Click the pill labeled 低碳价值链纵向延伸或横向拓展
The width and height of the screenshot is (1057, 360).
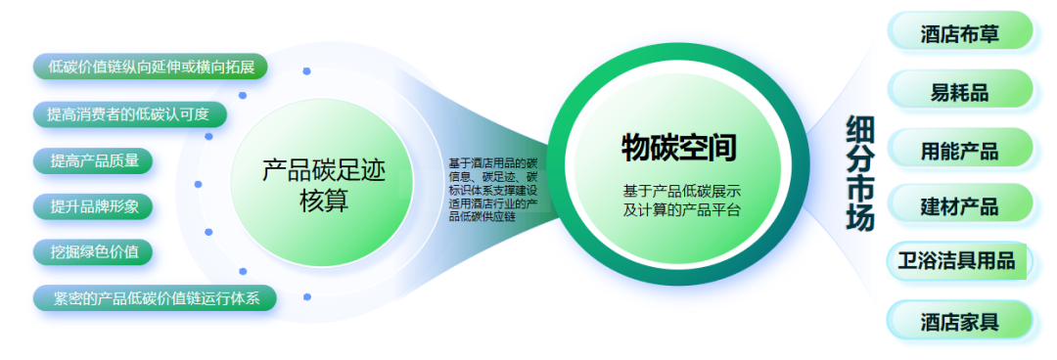click(x=151, y=67)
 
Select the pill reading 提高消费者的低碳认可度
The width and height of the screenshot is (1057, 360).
click(x=129, y=113)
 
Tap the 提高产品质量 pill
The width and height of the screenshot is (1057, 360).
click(x=93, y=160)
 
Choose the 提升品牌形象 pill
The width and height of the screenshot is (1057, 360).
click(x=93, y=206)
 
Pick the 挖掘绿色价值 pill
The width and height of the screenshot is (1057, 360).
click(x=93, y=252)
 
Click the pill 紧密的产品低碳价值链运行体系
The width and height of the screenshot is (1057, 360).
click(x=155, y=298)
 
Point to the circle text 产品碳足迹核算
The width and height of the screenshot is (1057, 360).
click(x=324, y=186)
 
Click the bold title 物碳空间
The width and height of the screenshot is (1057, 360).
click(x=679, y=147)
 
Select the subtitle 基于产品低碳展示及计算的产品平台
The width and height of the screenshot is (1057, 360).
click(x=681, y=201)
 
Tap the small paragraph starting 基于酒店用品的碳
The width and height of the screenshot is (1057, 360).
click(x=492, y=190)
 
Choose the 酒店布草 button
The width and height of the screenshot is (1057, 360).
click(x=960, y=31)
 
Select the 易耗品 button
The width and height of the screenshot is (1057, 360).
click(x=960, y=90)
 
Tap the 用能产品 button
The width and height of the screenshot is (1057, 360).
click(x=960, y=148)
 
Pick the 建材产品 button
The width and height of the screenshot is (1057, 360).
click(x=960, y=203)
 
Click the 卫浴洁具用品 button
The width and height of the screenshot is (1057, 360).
click(x=958, y=261)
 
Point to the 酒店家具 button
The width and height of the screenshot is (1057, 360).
click(x=960, y=320)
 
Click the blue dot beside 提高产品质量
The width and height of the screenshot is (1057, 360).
click(x=198, y=184)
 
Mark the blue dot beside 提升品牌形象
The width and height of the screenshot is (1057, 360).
click(x=209, y=232)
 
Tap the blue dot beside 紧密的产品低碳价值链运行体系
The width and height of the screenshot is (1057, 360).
click(x=307, y=296)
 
